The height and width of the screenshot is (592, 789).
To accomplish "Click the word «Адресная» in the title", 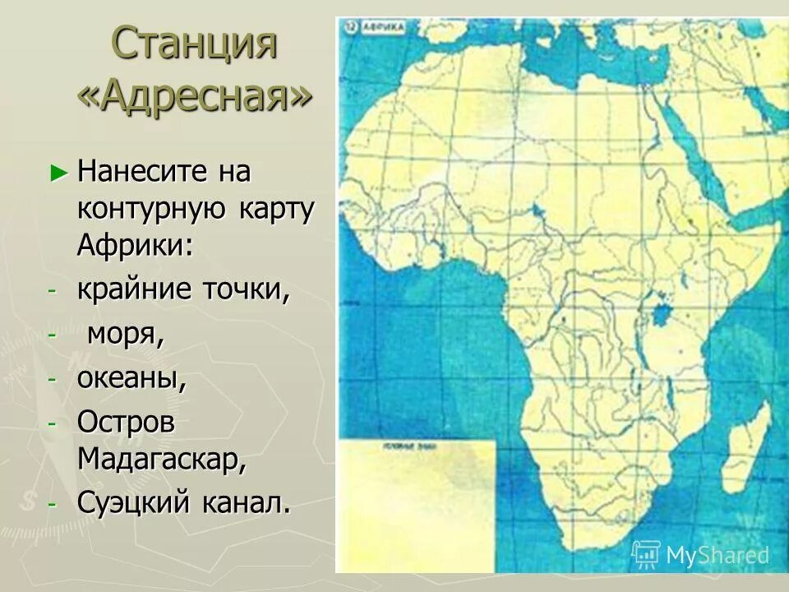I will click(x=195, y=98).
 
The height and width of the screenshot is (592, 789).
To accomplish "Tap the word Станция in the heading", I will click(x=194, y=44).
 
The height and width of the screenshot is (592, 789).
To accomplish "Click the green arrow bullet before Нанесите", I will click(x=57, y=172).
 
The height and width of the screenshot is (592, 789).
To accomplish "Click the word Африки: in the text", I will click(x=136, y=244).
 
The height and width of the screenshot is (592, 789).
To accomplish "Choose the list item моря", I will click(x=123, y=335).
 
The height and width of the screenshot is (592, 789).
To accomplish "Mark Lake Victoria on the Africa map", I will click(x=659, y=312).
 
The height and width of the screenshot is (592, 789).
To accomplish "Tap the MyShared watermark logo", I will click(x=700, y=555).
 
